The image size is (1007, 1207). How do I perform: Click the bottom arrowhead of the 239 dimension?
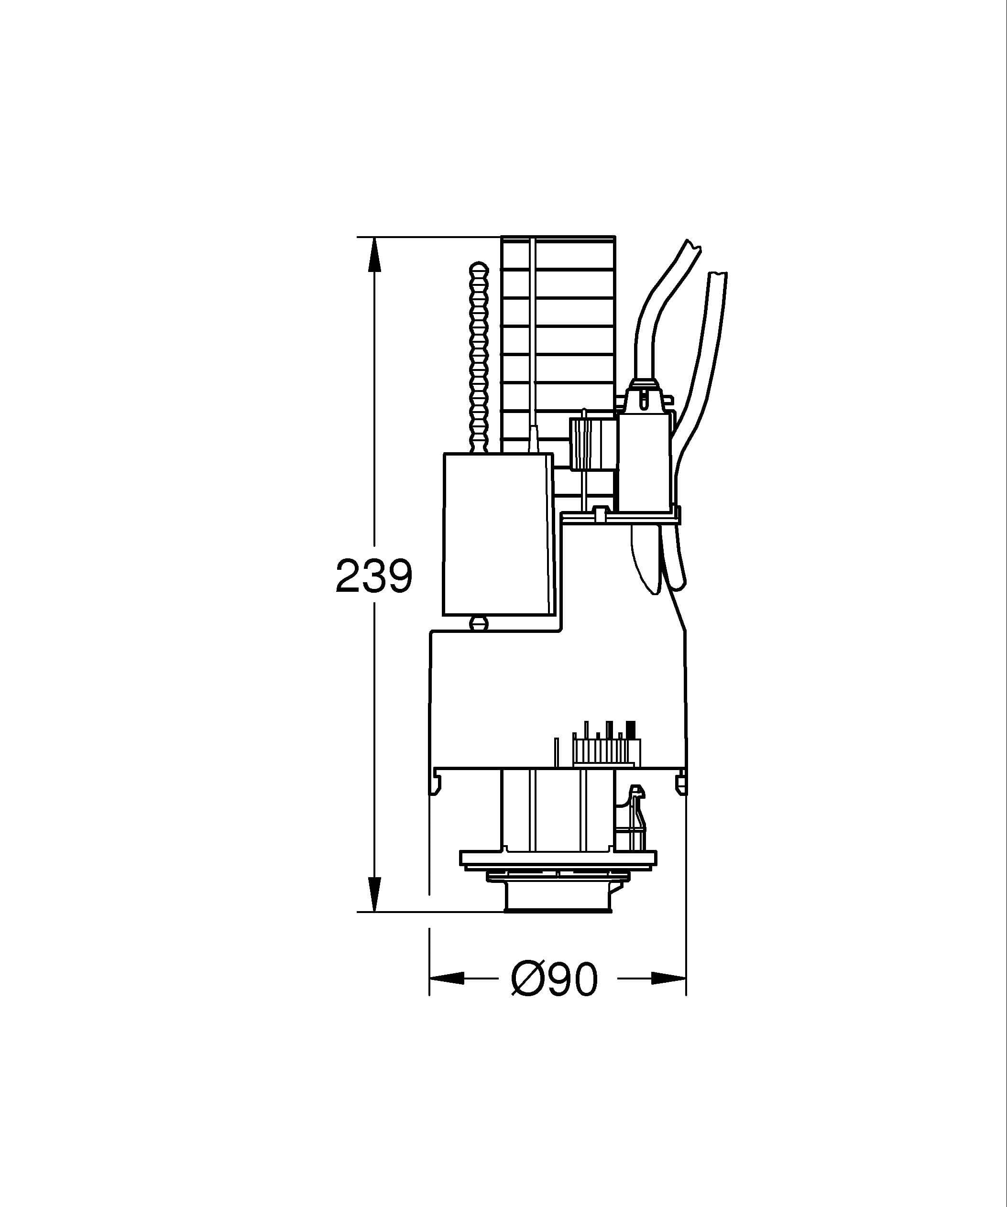(374, 894)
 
